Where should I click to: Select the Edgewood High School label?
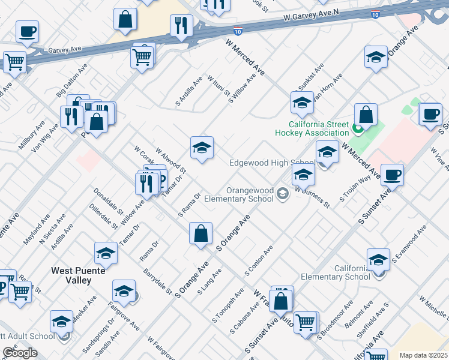tap(272, 163)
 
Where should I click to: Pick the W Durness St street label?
tap(312, 197)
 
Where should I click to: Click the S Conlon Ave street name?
tap(259, 260)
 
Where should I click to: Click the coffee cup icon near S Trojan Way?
tap(392, 175)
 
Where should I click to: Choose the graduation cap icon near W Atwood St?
tap(202, 148)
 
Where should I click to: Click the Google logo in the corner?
tap(20, 353)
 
